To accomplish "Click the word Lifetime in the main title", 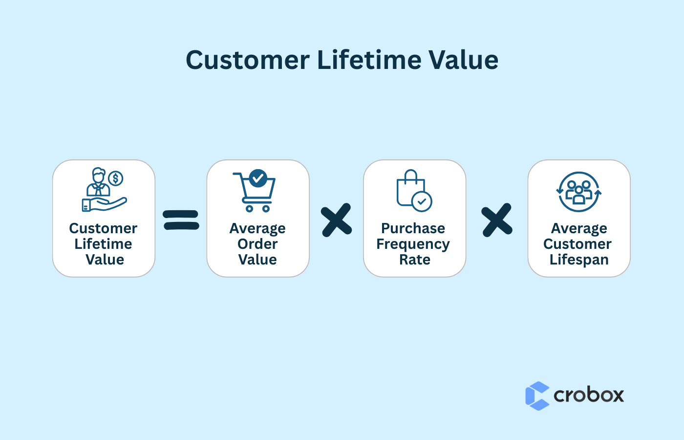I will (369, 60).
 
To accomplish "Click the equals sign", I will (181, 220).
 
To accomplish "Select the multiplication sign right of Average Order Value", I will (337, 220).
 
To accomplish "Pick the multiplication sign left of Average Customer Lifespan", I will (497, 220).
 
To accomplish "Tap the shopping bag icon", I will (411, 189).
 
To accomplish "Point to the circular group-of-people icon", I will (579, 192).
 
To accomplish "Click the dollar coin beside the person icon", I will (116, 178).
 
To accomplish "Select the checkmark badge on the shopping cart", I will (258, 178).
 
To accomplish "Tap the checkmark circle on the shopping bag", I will (422, 201).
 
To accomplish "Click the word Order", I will (257, 244).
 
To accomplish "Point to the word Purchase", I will (413, 228).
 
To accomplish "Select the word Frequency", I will (413, 244).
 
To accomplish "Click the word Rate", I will (414, 260).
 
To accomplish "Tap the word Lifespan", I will (579, 260).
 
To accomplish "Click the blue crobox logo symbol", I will (537, 396).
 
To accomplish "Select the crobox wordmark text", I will (589, 395).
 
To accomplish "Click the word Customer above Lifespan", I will (577, 244).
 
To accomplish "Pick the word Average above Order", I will (257, 228).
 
